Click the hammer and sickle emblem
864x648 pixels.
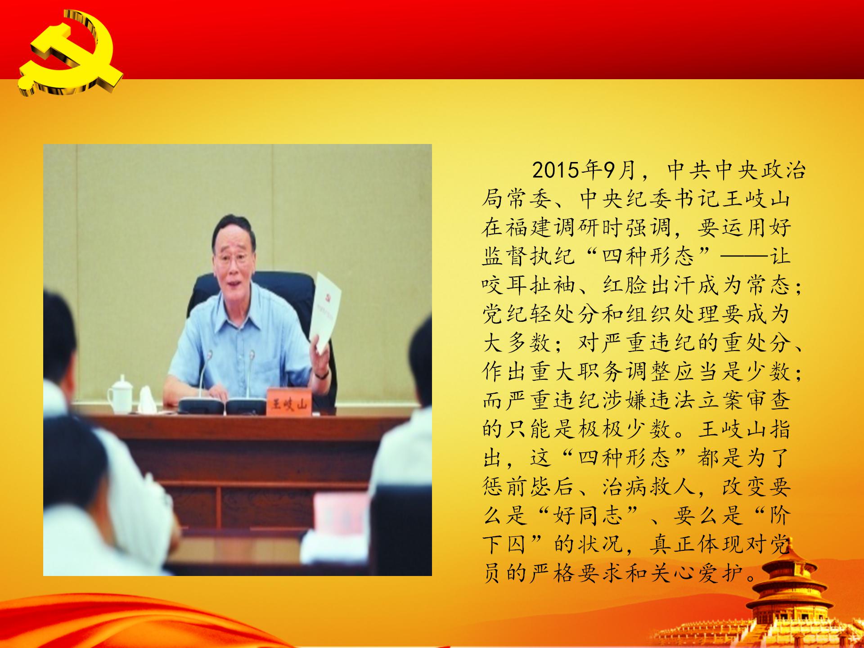67,54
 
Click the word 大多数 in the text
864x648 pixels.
517,343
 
